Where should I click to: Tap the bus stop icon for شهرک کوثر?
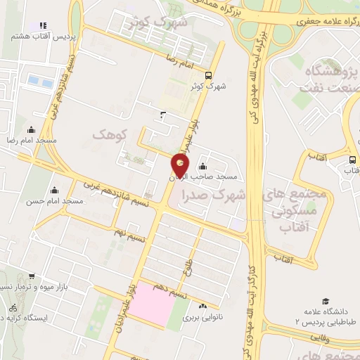pos(207,75)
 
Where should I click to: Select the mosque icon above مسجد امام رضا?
pos(30,130)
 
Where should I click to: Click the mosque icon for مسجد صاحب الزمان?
pos(202,167)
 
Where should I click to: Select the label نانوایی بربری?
pos(202,317)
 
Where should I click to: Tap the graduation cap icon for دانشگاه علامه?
pos(325,300)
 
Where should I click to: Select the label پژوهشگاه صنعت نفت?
pos(330,80)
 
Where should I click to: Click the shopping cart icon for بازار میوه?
pos(30,276)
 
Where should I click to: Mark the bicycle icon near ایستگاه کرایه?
pos(12,307)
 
